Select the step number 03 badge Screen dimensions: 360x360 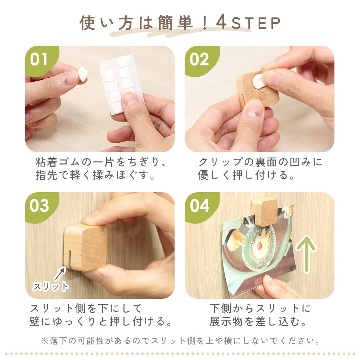[39, 206]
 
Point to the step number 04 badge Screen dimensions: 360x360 [199, 206]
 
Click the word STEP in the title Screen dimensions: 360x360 [256, 23]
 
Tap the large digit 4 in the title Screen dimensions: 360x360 [221, 22]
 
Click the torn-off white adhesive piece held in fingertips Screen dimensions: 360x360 [83, 73]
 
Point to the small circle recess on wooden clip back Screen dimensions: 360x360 [262, 96]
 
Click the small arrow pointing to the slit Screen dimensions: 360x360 [60, 274]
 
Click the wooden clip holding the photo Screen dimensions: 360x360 [265, 211]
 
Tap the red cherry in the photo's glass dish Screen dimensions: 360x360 [260, 246]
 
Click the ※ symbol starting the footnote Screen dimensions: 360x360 [45, 341]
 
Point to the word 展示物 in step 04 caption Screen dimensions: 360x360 [226, 321]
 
